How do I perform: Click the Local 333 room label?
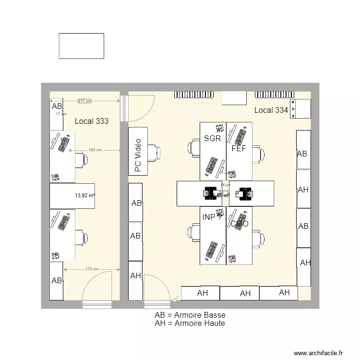(x=92, y=121)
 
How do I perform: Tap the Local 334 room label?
(x=271, y=110)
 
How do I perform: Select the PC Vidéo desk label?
(x=138, y=156)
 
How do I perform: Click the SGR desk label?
(x=212, y=139)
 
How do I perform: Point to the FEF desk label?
(x=239, y=148)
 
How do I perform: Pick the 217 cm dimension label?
(x=85, y=101)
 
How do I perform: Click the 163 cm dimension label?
(x=95, y=150)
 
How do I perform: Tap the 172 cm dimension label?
(x=92, y=269)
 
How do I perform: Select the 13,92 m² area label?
(x=84, y=195)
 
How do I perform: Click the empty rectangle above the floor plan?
(x=81, y=46)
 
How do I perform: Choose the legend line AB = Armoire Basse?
(x=190, y=315)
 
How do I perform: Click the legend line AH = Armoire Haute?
(x=190, y=324)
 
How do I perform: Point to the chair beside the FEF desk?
(x=258, y=155)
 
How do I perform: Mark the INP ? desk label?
(x=212, y=217)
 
